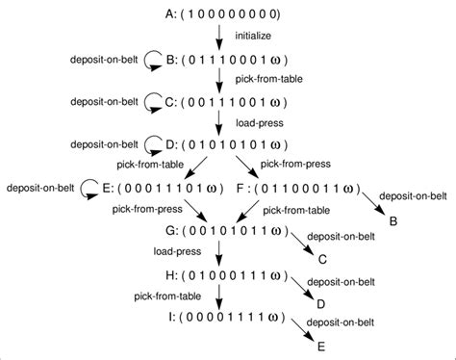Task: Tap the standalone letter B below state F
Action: pyautogui.click(x=393, y=219)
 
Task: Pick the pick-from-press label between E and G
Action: pyautogui.click(x=148, y=208)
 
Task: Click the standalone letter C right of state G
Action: pyautogui.click(x=323, y=260)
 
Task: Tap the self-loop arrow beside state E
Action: pyautogui.click(x=88, y=187)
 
